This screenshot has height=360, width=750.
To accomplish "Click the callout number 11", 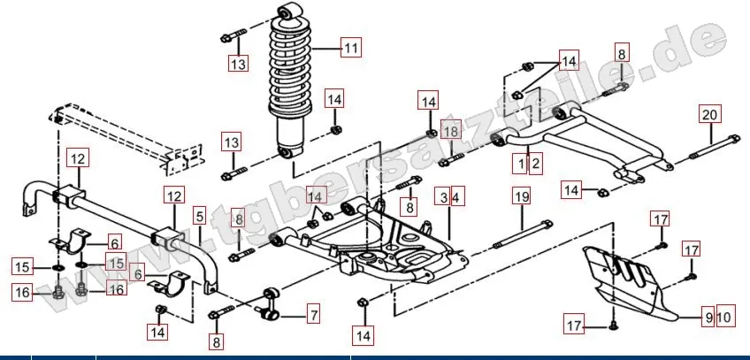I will point(351,50).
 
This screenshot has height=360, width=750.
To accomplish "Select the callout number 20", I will point(710,114).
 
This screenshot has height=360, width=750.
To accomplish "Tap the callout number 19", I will point(521,196).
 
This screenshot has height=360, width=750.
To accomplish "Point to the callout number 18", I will point(450,132).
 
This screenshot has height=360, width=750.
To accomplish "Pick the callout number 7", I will point(313,312).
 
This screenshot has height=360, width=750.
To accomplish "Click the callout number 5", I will point(199,215).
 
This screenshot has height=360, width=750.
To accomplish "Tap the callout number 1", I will point(522,163).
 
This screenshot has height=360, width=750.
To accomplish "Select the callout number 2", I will point(535,163).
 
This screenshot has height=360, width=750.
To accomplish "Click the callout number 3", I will point(441,196).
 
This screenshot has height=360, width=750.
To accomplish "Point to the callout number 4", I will point(456,196).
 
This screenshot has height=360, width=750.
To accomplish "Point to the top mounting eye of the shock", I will point(287,11).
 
